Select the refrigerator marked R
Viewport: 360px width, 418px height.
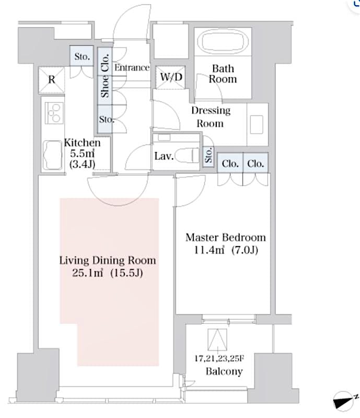click(52, 80)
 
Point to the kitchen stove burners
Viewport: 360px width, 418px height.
click(54, 111)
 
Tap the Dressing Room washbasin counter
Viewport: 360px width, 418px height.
click(257, 124)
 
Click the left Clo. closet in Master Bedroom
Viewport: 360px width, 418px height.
click(230, 164)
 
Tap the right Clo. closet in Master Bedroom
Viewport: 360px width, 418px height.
click(256, 164)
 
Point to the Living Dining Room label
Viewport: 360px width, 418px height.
click(108, 260)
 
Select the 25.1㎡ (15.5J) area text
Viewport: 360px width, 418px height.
click(108, 273)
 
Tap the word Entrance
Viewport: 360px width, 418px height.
click(132, 67)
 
